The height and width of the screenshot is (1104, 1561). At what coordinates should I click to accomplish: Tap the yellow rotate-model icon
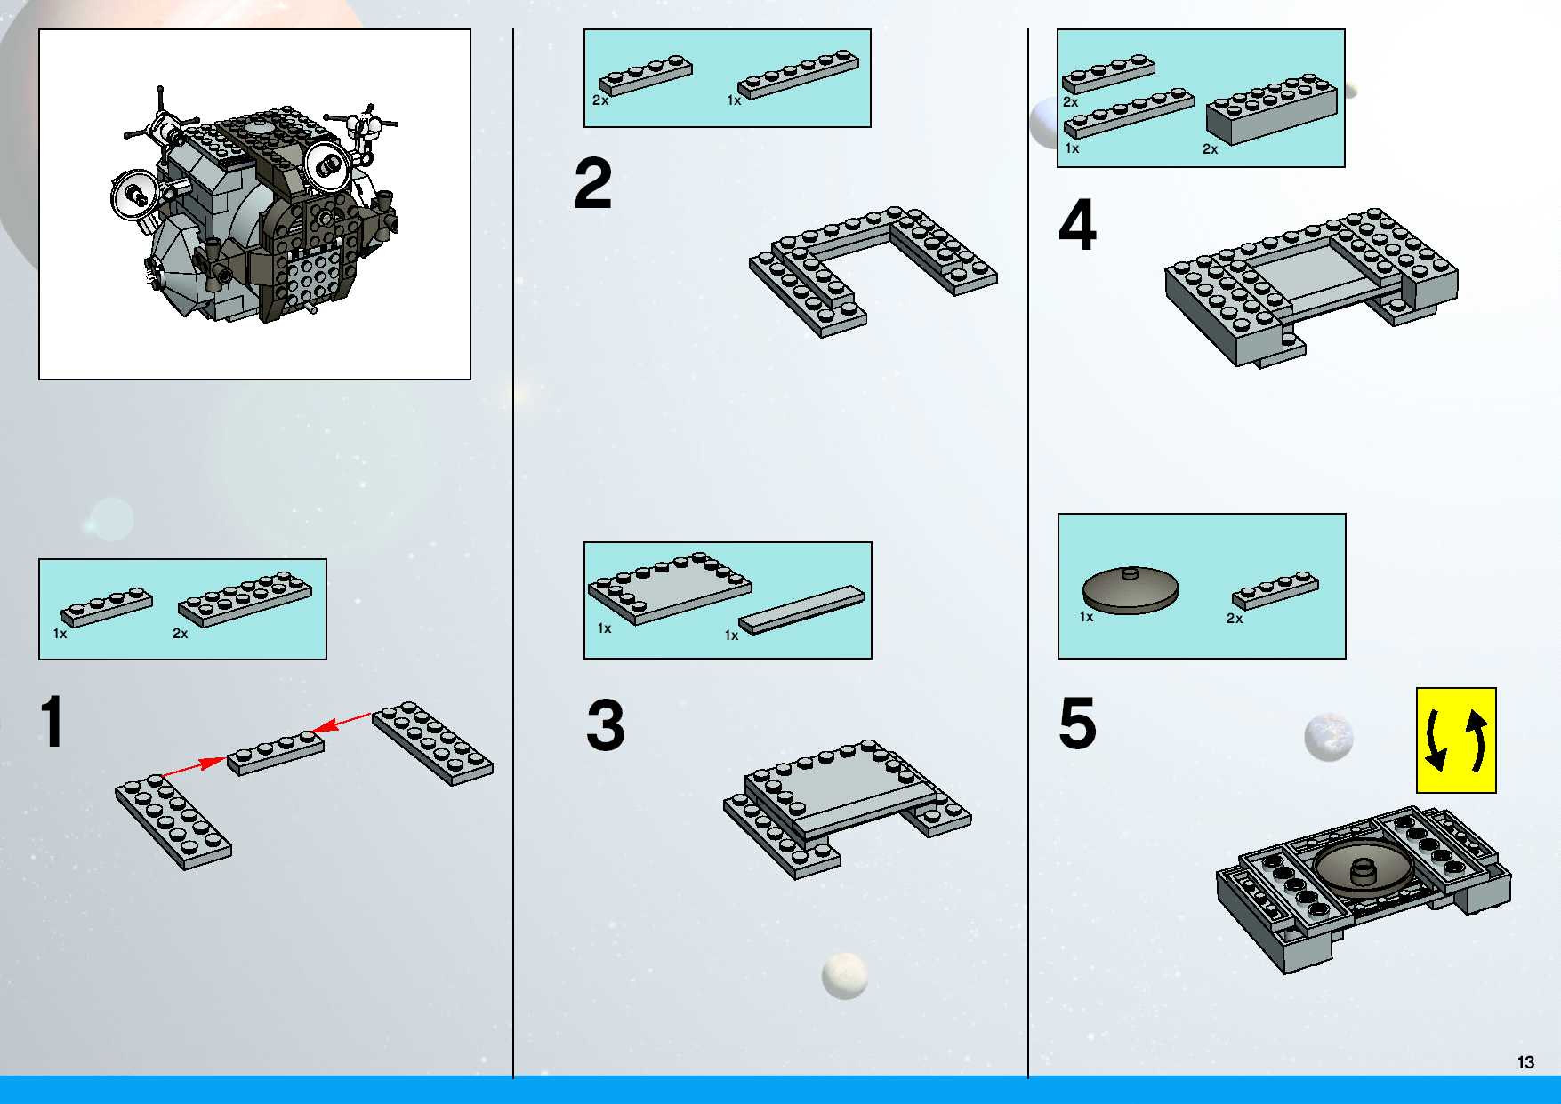tap(1456, 740)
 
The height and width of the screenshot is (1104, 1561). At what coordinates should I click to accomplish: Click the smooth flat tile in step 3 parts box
tap(801, 610)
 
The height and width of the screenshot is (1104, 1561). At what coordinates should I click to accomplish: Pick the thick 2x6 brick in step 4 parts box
tap(1271, 109)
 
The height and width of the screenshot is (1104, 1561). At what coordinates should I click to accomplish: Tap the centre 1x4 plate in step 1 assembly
tap(275, 752)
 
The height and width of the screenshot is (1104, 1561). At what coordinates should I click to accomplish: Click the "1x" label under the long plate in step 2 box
tap(734, 100)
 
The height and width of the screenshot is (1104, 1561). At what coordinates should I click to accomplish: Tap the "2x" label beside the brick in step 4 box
tap(1210, 149)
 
